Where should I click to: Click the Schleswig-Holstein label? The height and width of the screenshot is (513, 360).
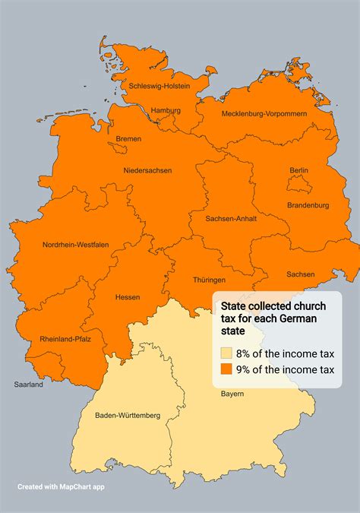click(159, 85)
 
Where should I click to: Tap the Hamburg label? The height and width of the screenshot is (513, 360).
click(166, 110)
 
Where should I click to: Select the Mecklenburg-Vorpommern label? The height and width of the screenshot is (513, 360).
click(264, 113)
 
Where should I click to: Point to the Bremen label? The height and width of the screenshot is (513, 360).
click(128, 139)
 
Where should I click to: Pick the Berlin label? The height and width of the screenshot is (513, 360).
click(299, 170)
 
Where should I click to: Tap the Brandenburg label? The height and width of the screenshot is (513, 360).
click(308, 205)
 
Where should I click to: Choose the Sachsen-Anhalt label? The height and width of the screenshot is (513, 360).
click(231, 218)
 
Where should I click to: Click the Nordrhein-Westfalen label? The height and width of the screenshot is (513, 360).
click(75, 244)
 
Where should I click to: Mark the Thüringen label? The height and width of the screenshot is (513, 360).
click(209, 280)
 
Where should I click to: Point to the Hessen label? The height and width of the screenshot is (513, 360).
click(127, 297)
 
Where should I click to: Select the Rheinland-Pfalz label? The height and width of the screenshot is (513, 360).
click(65, 339)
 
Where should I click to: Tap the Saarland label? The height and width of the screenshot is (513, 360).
click(28, 385)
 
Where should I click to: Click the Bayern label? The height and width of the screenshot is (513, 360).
click(232, 394)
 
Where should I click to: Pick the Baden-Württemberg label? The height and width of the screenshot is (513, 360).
click(128, 416)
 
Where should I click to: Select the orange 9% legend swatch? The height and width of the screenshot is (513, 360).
click(226, 369)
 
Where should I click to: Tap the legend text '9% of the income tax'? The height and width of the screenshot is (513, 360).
click(285, 369)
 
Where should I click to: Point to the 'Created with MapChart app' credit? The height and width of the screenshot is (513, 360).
click(61, 486)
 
